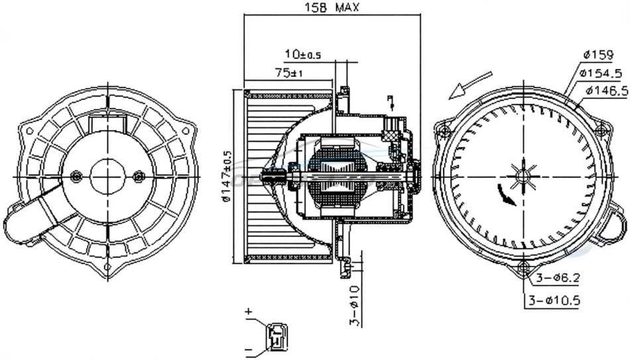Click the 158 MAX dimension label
pyautogui.click(x=332, y=7)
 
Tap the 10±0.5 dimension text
pyautogui.click(x=303, y=54)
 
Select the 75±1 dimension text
pyautogui.click(x=288, y=73)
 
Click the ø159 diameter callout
pyautogui.click(x=598, y=54)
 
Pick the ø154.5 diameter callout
pyautogui.click(x=601, y=73)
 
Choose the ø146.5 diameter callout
pyautogui.click(x=607, y=91)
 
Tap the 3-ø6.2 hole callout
pyautogui.click(x=558, y=278)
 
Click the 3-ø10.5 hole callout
pyautogui.click(x=554, y=300)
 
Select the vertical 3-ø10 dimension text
pyautogui.click(x=354, y=306)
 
